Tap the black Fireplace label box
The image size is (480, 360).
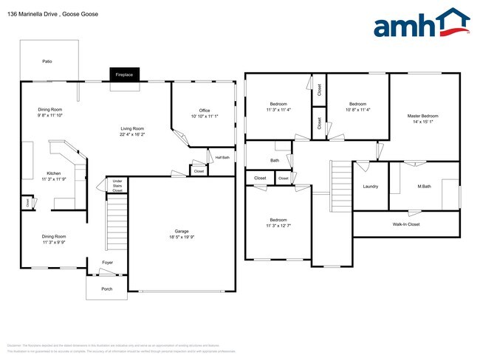123,75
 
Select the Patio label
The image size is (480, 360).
47,61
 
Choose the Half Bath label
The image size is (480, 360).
222,157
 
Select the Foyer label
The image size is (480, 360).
107,262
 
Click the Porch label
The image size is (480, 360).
107,288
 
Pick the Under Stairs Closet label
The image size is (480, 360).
117,185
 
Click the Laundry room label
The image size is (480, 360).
370,186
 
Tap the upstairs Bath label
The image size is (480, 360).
275,160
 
